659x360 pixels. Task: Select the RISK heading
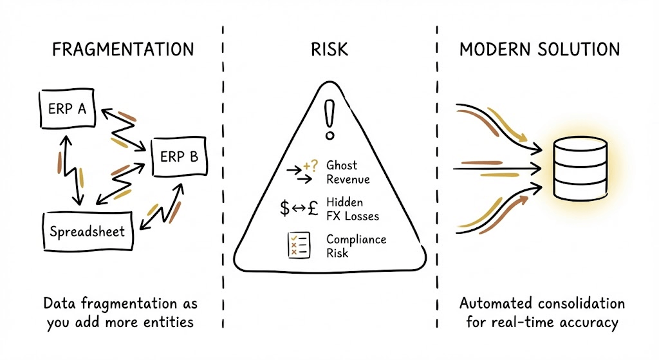[x=329, y=50]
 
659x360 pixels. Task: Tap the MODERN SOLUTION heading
[x=539, y=50]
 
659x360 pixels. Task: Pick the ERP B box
[x=180, y=156]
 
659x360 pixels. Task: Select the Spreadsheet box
[x=87, y=231]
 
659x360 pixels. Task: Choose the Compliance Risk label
[x=356, y=246]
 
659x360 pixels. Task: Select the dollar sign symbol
[x=284, y=208]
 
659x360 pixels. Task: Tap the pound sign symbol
[x=313, y=208]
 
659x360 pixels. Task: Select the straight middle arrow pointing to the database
[x=496, y=169]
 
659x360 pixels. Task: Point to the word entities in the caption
[x=168, y=321]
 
